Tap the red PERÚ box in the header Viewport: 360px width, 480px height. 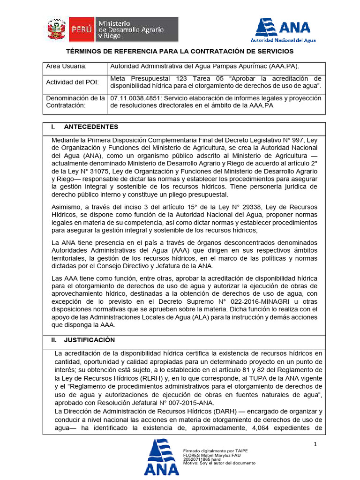click(82, 30)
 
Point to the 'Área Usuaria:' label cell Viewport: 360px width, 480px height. click(67, 67)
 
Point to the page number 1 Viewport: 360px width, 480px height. click(315, 444)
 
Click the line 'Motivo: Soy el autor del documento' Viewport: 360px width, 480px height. click(219, 463)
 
